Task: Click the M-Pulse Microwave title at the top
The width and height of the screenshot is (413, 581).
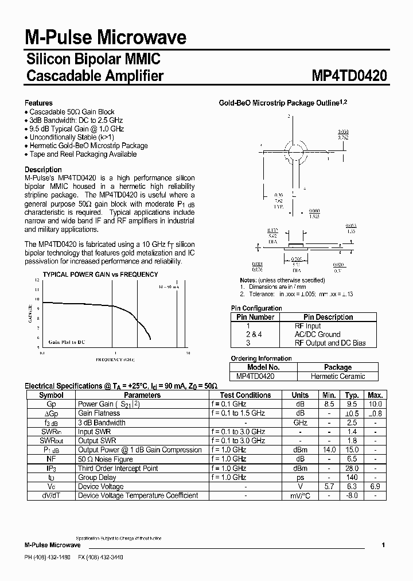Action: click(x=106, y=38)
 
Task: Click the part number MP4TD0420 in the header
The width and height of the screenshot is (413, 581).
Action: click(x=349, y=76)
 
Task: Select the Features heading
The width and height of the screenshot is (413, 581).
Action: click(x=38, y=103)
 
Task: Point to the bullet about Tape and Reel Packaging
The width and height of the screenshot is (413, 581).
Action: click(x=83, y=154)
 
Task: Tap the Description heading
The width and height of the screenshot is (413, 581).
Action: click(x=43, y=169)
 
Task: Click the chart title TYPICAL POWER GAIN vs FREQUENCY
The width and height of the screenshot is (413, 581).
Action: click(x=100, y=274)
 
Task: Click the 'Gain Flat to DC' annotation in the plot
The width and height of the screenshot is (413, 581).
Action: click(x=67, y=342)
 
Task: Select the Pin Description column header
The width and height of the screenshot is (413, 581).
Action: click(x=328, y=317)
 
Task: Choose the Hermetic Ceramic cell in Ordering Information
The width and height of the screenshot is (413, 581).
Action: click(x=338, y=376)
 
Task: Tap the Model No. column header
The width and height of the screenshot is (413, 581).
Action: click(x=263, y=367)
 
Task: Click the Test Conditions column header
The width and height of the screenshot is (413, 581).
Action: click(x=245, y=395)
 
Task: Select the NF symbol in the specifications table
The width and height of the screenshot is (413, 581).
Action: click(x=51, y=459)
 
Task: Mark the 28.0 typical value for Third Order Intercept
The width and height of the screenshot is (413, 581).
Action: click(x=352, y=468)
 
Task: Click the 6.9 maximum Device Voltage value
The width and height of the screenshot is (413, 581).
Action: click(x=375, y=486)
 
